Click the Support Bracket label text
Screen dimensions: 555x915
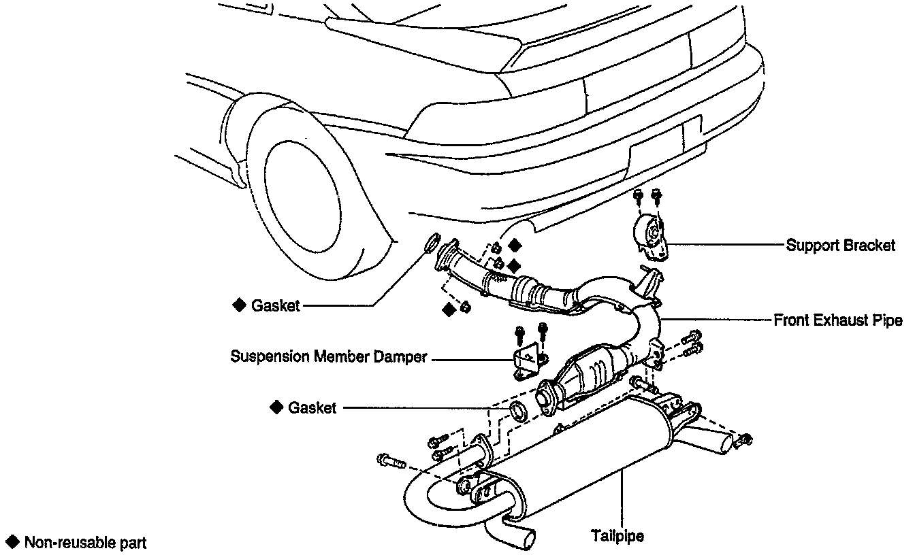tap(840, 246)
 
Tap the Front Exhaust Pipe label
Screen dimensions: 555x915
tap(838, 320)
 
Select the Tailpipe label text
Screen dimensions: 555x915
tap(618, 535)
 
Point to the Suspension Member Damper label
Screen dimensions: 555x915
tap(329, 356)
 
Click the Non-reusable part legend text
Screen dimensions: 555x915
tap(85, 543)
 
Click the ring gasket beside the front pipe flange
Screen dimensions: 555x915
tap(432, 243)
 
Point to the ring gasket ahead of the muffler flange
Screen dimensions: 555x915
tap(519, 411)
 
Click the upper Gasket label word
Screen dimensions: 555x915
tap(275, 306)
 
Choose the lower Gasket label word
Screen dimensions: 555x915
tap(312, 408)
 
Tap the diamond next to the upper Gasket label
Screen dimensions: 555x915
tap(239, 305)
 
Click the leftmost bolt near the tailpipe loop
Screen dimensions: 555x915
tap(389, 461)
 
